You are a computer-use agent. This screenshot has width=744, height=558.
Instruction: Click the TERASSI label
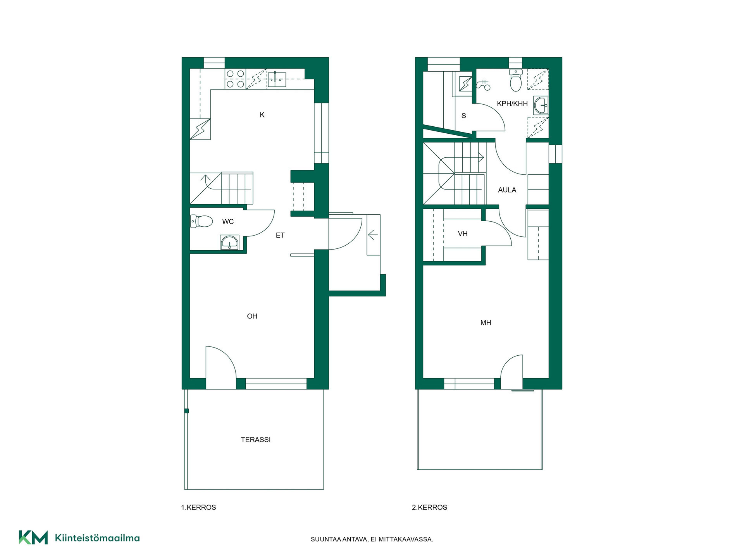click(x=256, y=440)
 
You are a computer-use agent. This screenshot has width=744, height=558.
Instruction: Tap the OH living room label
click(x=252, y=316)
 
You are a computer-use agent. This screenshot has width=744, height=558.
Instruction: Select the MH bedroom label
click(x=486, y=323)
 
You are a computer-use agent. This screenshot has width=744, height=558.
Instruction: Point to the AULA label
click(x=507, y=190)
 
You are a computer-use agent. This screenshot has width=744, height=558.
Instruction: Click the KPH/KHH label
click(x=512, y=104)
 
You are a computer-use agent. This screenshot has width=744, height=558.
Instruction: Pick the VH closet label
click(x=463, y=234)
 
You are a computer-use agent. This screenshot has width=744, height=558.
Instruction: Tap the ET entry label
click(x=280, y=235)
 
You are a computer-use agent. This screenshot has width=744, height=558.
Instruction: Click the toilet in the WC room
click(x=201, y=221)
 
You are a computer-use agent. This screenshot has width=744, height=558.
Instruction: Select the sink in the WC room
click(x=230, y=243)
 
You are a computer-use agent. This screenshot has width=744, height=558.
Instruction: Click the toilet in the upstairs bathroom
click(x=516, y=80)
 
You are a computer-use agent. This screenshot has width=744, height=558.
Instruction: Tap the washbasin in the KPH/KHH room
click(x=541, y=105)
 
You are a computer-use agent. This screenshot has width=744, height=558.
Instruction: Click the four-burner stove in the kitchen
click(x=235, y=79)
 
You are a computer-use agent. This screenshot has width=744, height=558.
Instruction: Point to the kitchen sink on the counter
click(x=277, y=79)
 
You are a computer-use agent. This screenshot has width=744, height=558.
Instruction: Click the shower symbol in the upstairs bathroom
click(x=484, y=85)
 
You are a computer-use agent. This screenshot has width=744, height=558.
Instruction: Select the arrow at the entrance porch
click(x=373, y=234)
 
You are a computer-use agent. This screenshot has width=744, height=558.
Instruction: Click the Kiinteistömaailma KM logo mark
click(x=33, y=537)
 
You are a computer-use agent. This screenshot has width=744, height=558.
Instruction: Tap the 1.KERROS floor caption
click(x=198, y=508)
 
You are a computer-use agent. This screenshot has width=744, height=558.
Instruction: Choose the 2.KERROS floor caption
click(x=429, y=508)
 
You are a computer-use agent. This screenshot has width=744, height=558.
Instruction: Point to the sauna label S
click(x=463, y=116)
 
